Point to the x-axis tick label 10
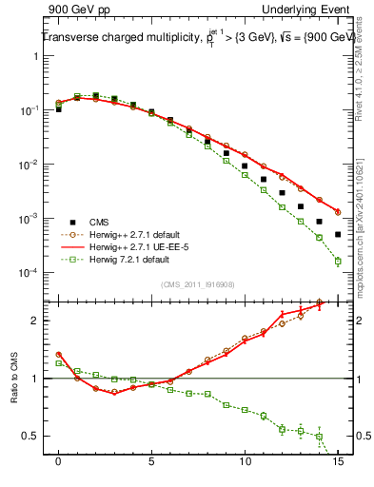click(245, 461)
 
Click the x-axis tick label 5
click(151, 461)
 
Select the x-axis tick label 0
click(58, 461)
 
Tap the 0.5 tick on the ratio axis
click(32, 436)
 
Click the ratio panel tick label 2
click(36, 321)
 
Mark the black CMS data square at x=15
click(338, 234)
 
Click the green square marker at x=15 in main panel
click(338, 261)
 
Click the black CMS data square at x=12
click(282, 192)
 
